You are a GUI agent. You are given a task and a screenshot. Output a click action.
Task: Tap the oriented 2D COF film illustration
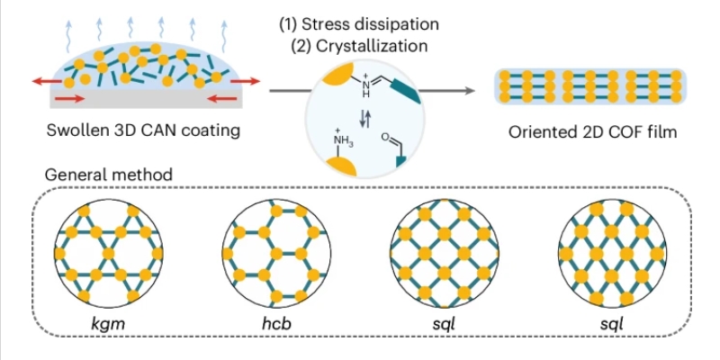[x=584, y=90]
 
